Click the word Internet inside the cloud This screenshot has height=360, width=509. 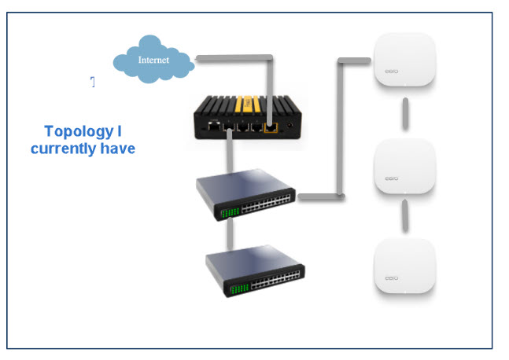[153, 60]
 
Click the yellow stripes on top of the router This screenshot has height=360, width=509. [246, 101]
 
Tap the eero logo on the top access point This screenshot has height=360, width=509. [392, 72]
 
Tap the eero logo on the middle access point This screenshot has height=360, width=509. [392, 178]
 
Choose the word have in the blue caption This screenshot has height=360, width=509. [116, 148]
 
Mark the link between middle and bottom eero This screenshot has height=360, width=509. [404, 214]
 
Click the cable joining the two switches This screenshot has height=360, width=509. [229, 234]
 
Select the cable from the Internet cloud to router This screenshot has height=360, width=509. [236, 57]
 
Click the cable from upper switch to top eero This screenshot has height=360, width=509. [341, 126]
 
